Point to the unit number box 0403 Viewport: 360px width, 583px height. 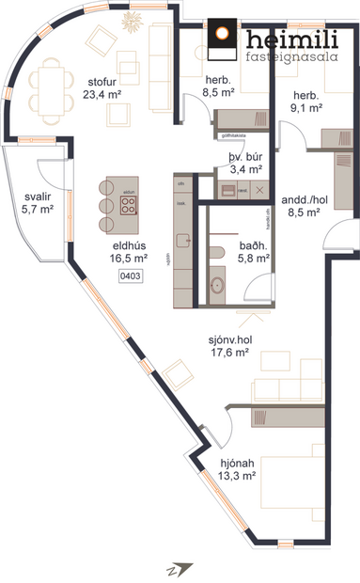point(130,276)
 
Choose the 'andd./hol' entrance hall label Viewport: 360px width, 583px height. point(303,199)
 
